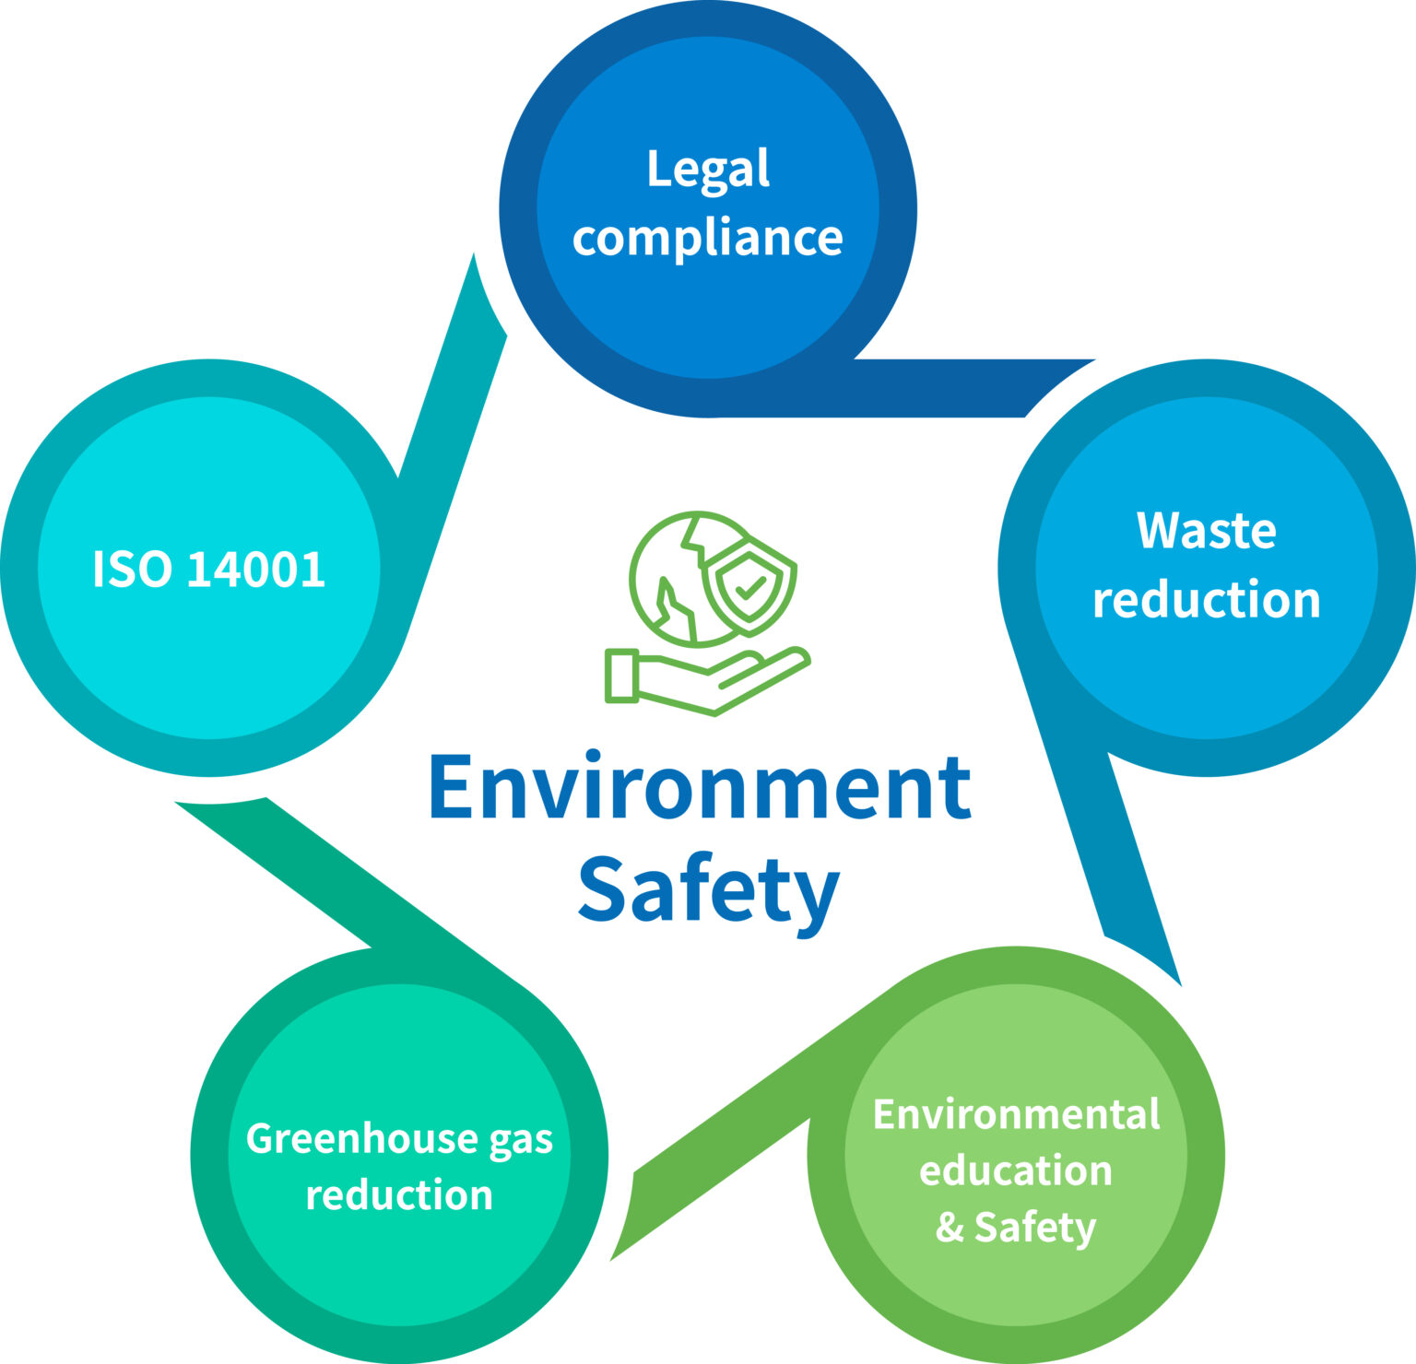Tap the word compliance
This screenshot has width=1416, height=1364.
tap(708, 238)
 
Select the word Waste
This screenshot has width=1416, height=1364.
tap(1207, 531)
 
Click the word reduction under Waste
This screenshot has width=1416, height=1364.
tap(1207, 599)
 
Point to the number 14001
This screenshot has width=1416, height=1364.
tap(256, 569)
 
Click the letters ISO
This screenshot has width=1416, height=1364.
tap(132, 569)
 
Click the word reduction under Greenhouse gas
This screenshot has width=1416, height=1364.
tap(399, 1195)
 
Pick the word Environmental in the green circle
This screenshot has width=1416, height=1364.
tap(1016, 1114)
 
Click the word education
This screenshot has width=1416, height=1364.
tap(1016, 1170)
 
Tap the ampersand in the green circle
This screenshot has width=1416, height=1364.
tap(950, 1227)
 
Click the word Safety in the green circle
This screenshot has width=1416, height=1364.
tap(1035, 1229)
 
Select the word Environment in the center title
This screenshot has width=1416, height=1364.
tap(700, 787)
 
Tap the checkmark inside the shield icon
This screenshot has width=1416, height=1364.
tap(750, 587)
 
